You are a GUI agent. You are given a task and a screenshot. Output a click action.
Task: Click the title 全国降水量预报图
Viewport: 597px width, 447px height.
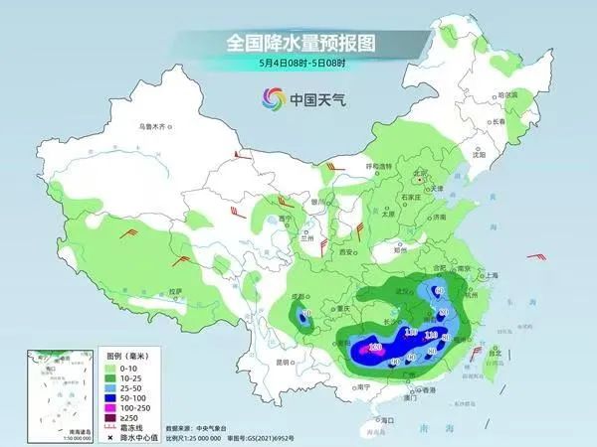click(298, 43)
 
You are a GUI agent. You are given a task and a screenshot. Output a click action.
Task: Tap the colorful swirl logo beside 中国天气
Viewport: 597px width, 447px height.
click(272, 98)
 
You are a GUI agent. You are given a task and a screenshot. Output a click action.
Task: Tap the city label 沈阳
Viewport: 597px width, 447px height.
click(479, 155)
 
